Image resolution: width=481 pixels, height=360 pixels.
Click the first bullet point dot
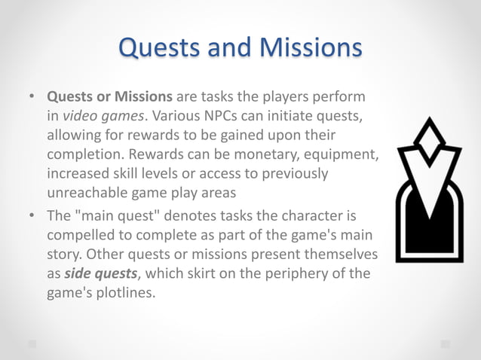[x=32, y=98]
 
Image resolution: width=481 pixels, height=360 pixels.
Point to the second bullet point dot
[x=32, y=215]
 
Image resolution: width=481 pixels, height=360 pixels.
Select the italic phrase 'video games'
[x=97, y=117]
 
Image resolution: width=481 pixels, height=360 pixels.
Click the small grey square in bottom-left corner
[x=32, y=343]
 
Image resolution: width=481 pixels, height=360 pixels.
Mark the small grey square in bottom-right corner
[x=445, y=343]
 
